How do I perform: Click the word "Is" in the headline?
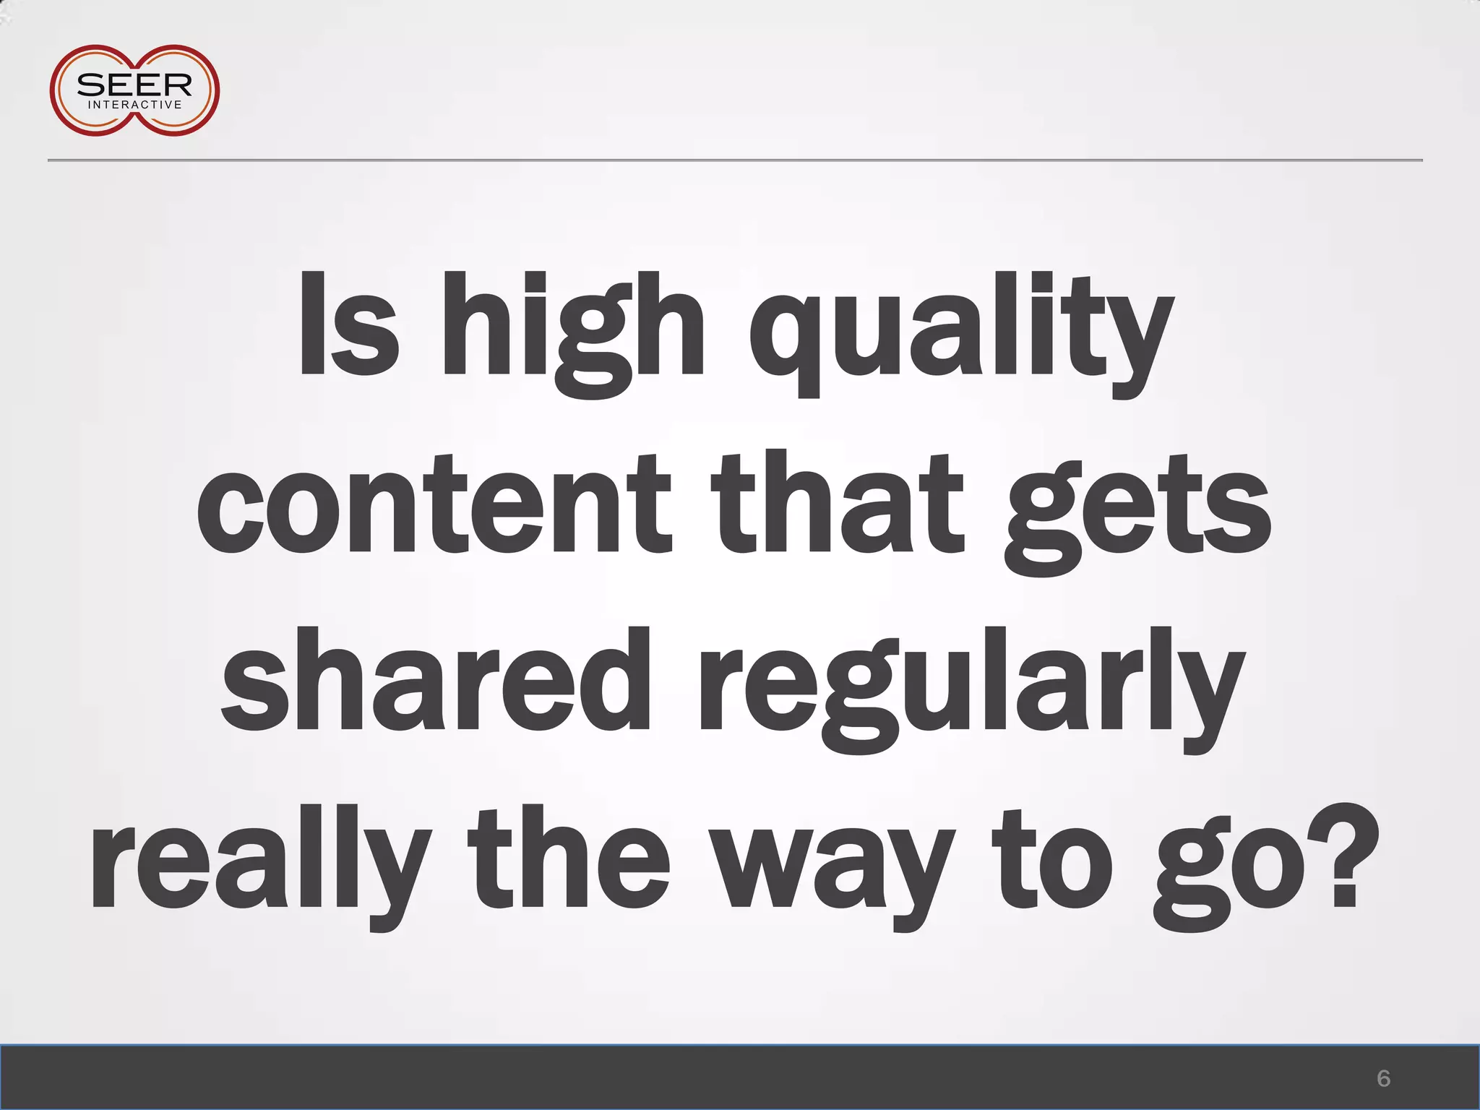pyautogui.click(x=348, y=325)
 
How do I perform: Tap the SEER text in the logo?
pyautogui.click(x=134, y=85)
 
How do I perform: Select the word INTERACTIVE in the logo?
pyautogui.click(x=134, y=105)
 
